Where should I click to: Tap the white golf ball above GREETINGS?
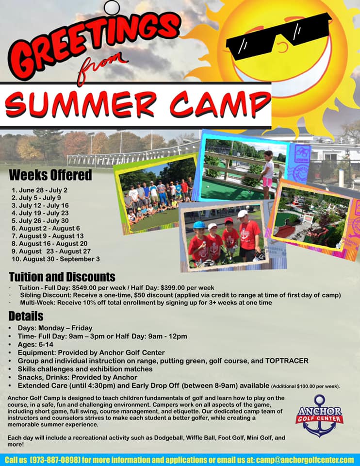point(112,7)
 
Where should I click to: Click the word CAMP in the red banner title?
point(220,105)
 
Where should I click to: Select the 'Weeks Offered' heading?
point(50,175)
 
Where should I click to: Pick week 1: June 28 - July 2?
point(39,190)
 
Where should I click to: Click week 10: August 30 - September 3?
point(55,259)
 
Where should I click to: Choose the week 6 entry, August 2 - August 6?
point(46,228)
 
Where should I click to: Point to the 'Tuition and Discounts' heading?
point(62,277)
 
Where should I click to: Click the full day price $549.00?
point(84,288)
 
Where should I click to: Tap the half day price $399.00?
point(173,288)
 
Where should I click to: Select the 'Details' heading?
point(26,316)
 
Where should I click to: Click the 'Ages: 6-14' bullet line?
point(35,345)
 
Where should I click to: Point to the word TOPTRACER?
point(287,361)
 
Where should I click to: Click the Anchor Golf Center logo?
point(319,416)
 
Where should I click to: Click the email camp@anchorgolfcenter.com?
point(305,460)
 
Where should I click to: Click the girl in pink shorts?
point(267,174)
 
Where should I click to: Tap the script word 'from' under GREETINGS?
point(101,67)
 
